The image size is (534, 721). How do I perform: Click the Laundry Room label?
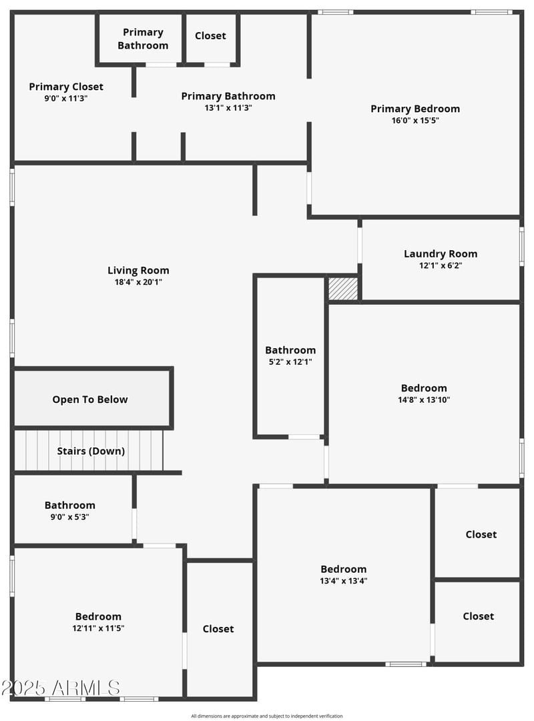(x=441, y=253)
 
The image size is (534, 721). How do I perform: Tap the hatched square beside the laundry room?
(x=343, y=289)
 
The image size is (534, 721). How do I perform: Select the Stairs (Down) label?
(x=91, y=451)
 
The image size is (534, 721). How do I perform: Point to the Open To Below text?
(x=90, y=400)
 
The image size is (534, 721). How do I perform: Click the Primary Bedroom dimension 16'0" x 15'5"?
(x=415, y=121)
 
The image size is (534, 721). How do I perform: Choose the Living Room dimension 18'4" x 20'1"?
(x=138, y=282)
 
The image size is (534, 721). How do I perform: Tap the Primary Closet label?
(x=66, y=87)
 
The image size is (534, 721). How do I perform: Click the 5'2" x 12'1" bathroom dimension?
(x=290, y=362)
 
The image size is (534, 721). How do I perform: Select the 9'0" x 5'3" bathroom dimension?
(x=70, y=517)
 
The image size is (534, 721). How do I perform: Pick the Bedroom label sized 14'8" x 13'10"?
(x=424, y=388)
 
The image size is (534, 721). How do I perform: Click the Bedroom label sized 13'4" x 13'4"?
(x=344, y=569)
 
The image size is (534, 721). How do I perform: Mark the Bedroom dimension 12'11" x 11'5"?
(x=98, y=628)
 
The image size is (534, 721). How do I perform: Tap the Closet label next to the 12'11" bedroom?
(x=218, y=629)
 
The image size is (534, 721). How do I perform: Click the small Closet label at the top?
(x=210, y=36)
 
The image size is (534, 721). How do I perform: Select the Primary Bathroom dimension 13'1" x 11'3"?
(x=228, y=108)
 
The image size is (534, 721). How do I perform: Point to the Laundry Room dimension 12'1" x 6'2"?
(x=441, y=265)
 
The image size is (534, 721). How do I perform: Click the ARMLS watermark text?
(x=61, y=688)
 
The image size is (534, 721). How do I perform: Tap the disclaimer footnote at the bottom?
(x=267, y=716)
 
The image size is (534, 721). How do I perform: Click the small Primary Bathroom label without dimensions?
(x=143, y=39)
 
